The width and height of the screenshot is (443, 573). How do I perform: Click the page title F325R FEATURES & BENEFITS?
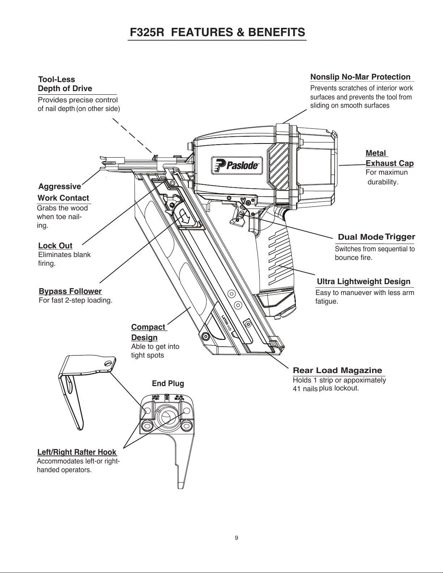click(217, 32)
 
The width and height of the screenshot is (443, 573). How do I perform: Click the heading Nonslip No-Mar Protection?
click(361, 77)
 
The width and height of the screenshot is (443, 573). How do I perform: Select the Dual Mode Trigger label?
click(376, 237)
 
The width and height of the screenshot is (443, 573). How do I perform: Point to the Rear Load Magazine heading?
click(337, 370)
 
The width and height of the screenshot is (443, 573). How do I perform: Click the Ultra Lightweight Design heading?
click(363, 282)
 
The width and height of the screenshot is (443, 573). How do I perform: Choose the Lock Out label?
click(55, 246)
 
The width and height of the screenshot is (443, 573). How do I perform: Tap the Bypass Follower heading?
click(70, 291)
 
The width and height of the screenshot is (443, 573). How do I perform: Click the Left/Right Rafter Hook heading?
click(77, 452)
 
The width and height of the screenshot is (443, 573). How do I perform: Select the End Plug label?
click(168, 383)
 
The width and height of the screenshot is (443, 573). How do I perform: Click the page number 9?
click(237, 538)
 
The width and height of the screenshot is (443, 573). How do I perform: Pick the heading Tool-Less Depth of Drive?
click(65, 84)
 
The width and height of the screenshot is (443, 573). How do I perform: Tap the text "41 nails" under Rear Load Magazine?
click(305, 389)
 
